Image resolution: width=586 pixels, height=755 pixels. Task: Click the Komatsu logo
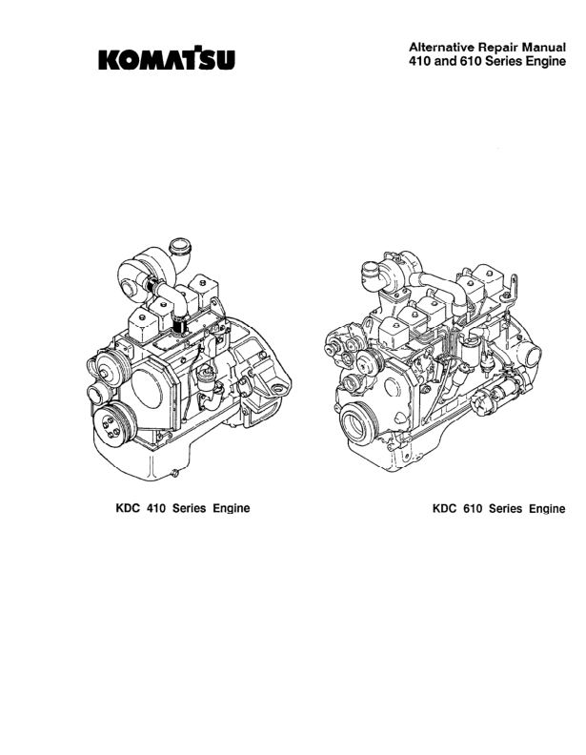pyautogui.click(x=167, y=59)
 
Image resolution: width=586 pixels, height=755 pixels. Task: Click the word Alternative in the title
pyautogui.click(x=435, y=48)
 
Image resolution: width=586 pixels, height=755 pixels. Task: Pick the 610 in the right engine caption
pyautogui.click(x=472, y=508)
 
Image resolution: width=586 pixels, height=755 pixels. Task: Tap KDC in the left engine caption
pyautogui.click(x=128, y=508)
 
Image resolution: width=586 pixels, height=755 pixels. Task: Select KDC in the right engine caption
pyautogui.click(x=444, y=508)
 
